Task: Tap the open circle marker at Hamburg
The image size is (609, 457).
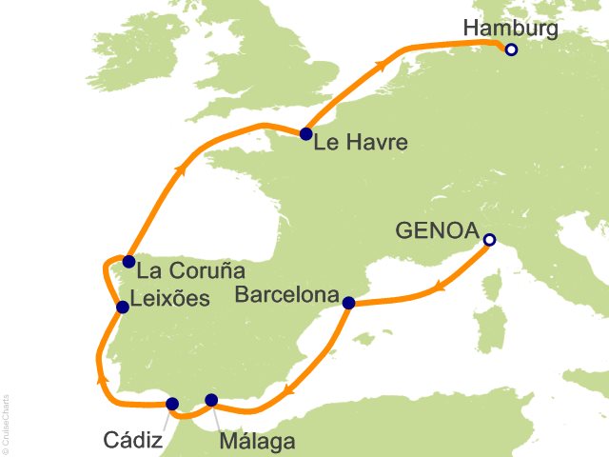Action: (x=511, y=50)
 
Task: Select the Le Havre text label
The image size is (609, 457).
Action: (x=361, y=145)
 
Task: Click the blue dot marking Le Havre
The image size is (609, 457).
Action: (x=305, y=134)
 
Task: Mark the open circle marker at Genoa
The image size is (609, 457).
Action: (x=489, y=240)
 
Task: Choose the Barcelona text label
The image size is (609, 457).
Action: (x=286, y=295)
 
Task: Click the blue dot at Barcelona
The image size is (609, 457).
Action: (x=348, y=303)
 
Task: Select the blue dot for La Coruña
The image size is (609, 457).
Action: (x=128, y=261)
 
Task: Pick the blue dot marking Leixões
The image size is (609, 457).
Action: (x=123, y=307)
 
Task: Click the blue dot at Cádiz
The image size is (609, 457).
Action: (x=172, y=404)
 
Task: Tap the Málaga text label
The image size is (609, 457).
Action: (x=257, y=442)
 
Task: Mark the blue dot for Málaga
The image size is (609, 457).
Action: (x=211, y=400)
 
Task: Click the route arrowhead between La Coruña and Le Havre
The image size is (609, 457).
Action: (x=179, y=171)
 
